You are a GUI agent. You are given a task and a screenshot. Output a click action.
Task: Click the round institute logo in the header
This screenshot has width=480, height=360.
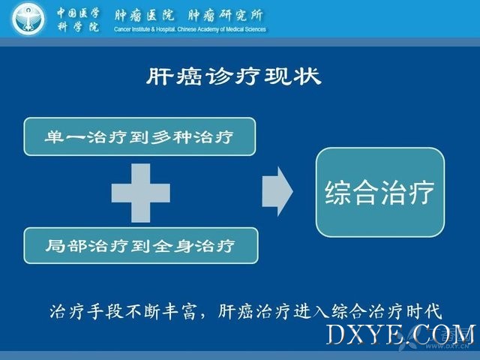28,19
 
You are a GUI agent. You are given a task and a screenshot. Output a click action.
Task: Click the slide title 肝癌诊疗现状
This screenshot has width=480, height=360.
233,76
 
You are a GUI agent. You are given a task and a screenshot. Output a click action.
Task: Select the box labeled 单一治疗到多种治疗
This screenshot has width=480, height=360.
139,136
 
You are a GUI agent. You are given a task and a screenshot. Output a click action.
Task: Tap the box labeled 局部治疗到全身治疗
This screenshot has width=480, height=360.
141,245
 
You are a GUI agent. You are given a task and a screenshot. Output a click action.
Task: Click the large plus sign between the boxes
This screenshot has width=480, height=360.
141,193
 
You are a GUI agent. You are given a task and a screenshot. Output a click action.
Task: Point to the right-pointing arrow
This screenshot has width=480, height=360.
277,192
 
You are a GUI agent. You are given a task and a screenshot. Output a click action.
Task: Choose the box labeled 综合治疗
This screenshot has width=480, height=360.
380,192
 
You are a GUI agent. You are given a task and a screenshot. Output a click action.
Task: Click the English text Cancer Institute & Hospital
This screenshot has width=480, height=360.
145,29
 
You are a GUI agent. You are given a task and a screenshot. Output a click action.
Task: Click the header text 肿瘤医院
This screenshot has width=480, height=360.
145,15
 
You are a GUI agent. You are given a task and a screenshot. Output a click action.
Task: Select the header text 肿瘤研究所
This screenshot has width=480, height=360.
225,15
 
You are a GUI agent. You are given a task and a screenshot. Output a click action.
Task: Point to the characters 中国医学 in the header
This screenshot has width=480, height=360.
78,13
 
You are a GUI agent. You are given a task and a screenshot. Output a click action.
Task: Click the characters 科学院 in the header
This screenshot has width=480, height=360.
78,27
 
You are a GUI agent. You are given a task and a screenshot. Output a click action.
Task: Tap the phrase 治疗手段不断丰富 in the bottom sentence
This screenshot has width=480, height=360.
122,312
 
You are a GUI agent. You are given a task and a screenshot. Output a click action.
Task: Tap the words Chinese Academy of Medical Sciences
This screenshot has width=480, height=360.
222,29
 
